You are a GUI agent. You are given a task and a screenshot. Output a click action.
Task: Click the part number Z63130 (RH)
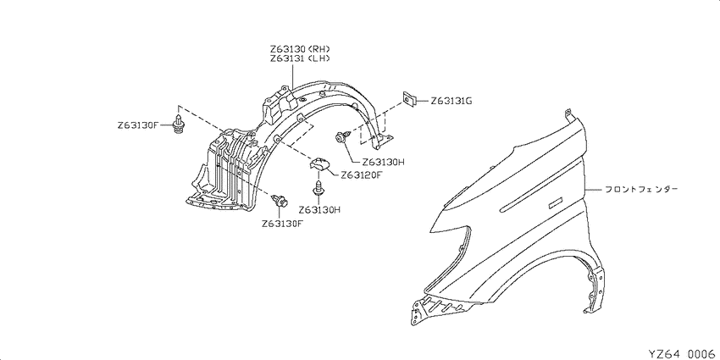300,48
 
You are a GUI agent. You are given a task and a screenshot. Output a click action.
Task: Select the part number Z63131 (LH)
300,58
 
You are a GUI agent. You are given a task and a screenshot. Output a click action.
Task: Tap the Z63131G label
451,101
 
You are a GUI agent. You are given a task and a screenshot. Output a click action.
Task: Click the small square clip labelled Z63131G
409,98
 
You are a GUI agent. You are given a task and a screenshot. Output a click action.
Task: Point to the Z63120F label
361,175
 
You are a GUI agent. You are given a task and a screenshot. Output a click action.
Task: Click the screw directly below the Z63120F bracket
318,188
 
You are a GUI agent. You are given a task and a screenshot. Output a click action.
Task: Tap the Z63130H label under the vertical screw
319,210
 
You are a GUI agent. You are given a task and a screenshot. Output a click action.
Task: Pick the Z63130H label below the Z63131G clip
383,162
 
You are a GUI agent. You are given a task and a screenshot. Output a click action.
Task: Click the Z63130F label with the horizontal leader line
138,125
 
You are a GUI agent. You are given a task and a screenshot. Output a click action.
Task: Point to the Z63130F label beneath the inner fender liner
283,224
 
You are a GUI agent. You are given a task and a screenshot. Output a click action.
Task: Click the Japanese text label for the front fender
640,189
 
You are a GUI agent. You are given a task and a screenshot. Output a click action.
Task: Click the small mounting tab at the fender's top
568,114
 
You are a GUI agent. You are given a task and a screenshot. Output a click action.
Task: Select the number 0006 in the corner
703,354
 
